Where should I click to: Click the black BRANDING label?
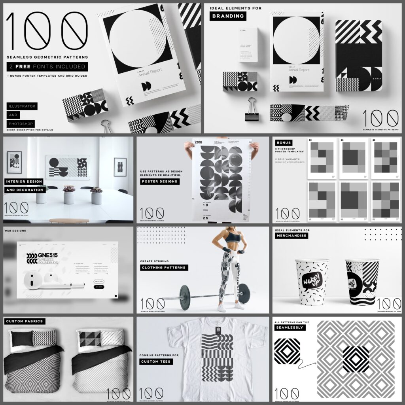(227, 16)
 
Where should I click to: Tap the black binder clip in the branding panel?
(251, 110)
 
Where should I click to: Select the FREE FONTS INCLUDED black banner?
(47, 66)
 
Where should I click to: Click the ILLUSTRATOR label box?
(21, 106)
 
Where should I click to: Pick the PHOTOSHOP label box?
(21, 123)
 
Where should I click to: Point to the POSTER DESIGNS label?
(160, 182)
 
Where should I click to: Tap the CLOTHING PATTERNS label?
(164, 267)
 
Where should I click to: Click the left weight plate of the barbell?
(185, 297)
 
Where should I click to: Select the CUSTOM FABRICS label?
(24, 321)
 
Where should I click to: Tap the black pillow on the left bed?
(22, 338)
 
